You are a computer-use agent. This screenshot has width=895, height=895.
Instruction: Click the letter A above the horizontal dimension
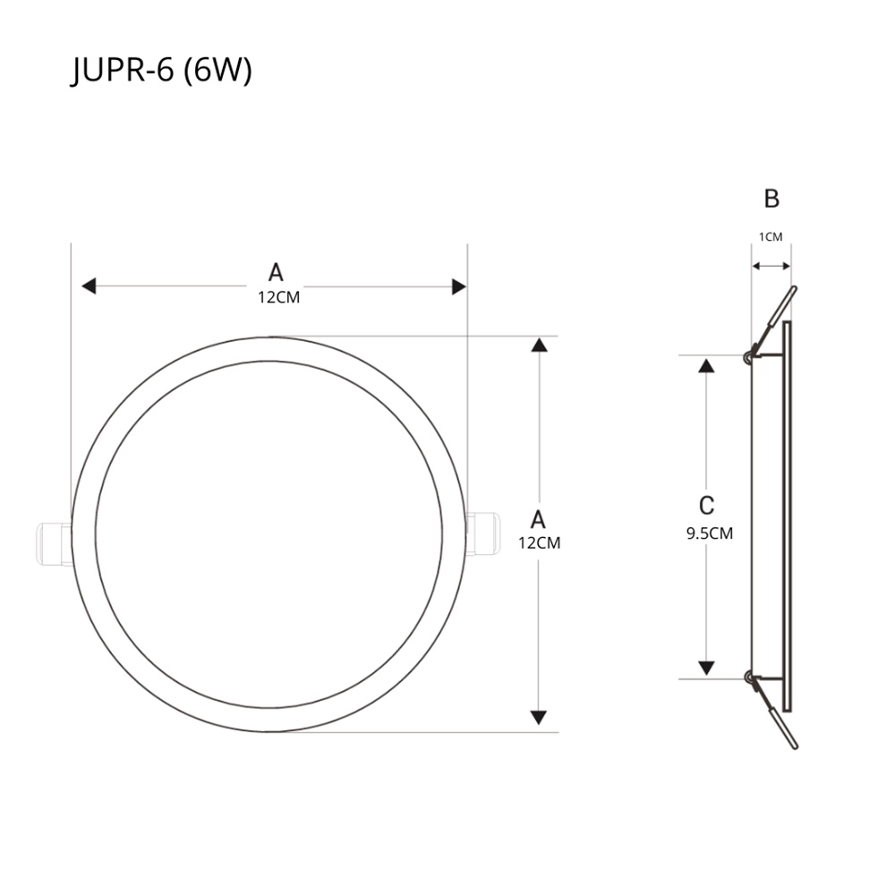[276, 272]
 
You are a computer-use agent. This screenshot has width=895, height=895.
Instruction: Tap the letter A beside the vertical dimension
[538, 519]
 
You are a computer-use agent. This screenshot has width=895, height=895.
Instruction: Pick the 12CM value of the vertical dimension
[539, 542]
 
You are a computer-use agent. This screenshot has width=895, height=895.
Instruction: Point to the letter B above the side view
[771, 199]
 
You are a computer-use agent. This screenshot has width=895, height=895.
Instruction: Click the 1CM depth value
[771, 237]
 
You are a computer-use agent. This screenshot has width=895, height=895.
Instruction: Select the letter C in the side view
[706, 506]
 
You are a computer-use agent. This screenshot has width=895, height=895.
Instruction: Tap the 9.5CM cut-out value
[710, 533]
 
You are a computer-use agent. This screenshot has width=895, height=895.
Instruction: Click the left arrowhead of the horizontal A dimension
[88, 286]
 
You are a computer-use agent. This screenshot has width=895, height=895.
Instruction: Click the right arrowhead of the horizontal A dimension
[459, 286]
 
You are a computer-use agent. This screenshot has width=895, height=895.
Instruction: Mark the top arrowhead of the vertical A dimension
[538, 345]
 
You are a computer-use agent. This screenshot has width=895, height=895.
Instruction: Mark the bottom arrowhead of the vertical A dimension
[538, 717]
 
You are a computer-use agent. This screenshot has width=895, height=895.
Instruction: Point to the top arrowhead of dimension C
[706, 364]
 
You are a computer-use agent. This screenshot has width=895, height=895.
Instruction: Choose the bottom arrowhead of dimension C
[706, 668]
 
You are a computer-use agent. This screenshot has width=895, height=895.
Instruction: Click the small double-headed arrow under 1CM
[771, 266]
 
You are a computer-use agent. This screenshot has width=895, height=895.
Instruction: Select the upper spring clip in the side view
[771, 322]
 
